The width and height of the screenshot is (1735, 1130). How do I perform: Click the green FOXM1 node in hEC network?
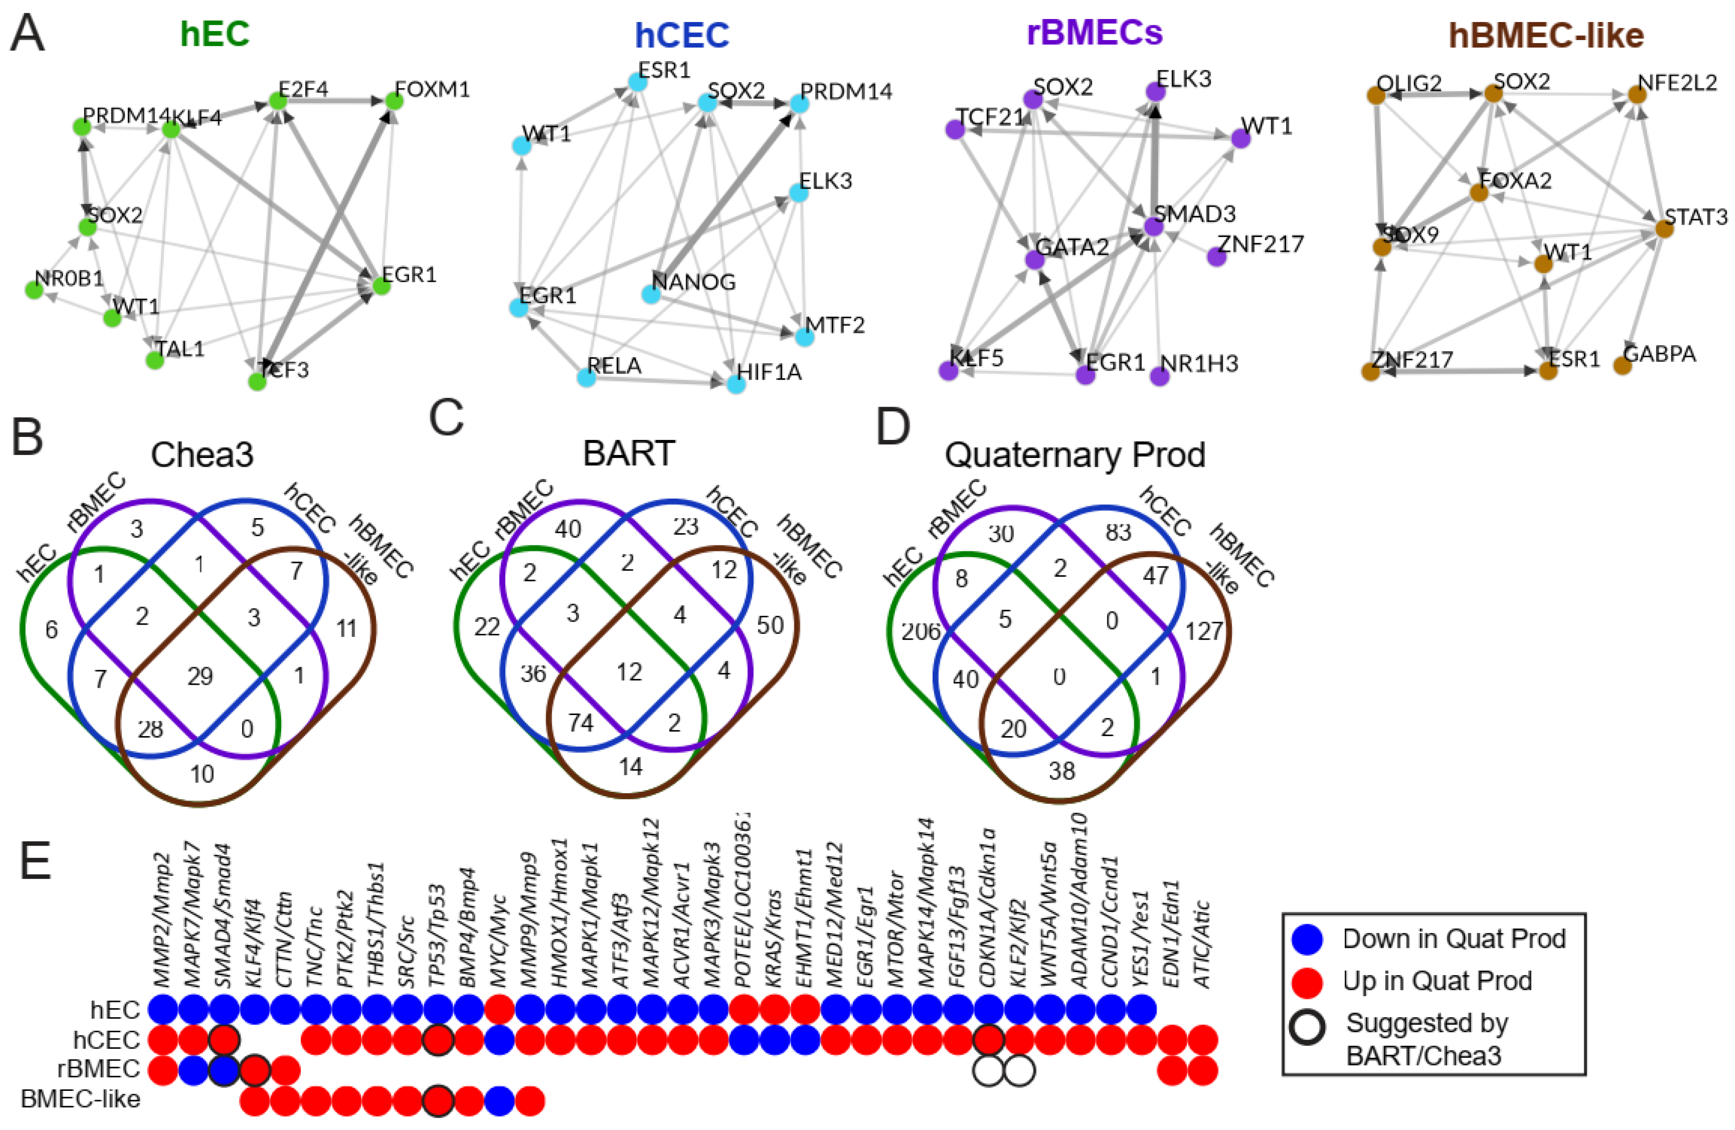pyautogui.click(x=394, y=101)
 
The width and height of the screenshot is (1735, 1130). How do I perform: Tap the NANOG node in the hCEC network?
pyautogui.click(x=651, y=294)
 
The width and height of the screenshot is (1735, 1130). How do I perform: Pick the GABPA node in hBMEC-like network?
pyautogui.click(x=1622, y=365)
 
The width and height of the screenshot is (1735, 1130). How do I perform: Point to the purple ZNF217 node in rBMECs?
pyautogui.click(x=1216, y=257)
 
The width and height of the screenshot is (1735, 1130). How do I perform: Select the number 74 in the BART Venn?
pyautogui.click(x=581, y=723)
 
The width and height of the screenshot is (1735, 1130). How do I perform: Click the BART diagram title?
pyautogui.click(x=628, y=453)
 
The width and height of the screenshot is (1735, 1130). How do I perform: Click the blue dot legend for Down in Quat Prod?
pyautogui.click(x=1307, y=938)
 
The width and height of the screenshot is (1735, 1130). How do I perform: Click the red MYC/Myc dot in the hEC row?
pyautogui.click(x=499, y=1010)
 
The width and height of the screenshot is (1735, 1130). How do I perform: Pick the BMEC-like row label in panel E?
pyautogui.click(x=80, y=1099)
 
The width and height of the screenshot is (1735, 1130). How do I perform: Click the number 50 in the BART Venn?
pyautogui.click(x=770, y=625)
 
